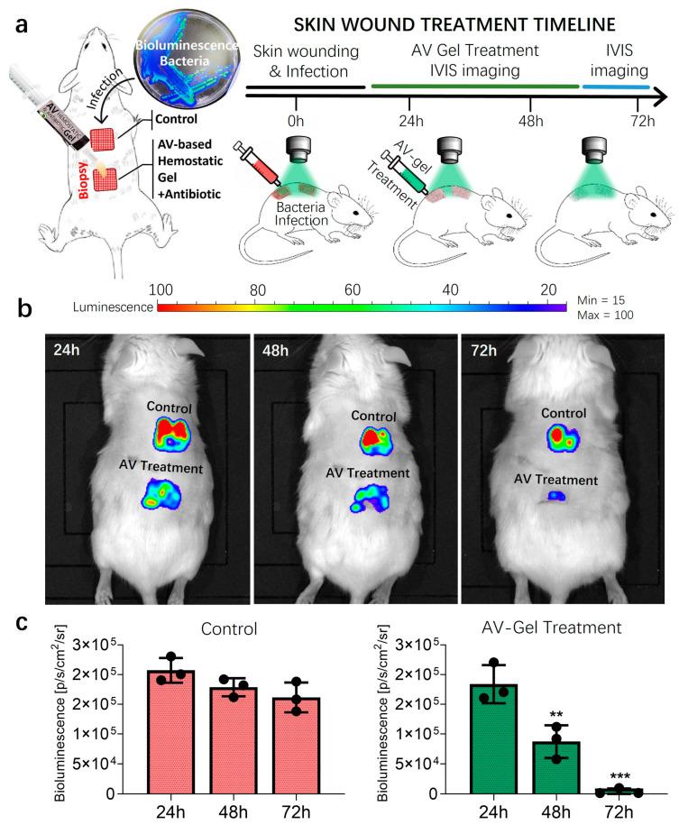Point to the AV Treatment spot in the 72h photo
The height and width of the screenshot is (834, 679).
click(556, 495)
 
